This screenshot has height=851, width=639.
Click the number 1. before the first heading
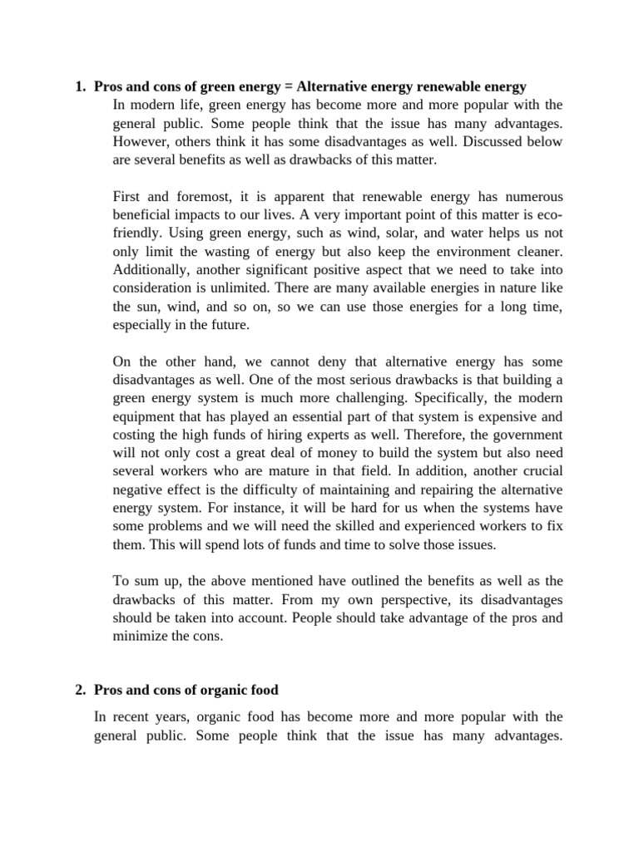[81, 86]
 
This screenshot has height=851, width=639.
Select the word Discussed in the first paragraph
[489, 141]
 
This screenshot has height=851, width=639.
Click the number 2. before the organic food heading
[81, 690]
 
